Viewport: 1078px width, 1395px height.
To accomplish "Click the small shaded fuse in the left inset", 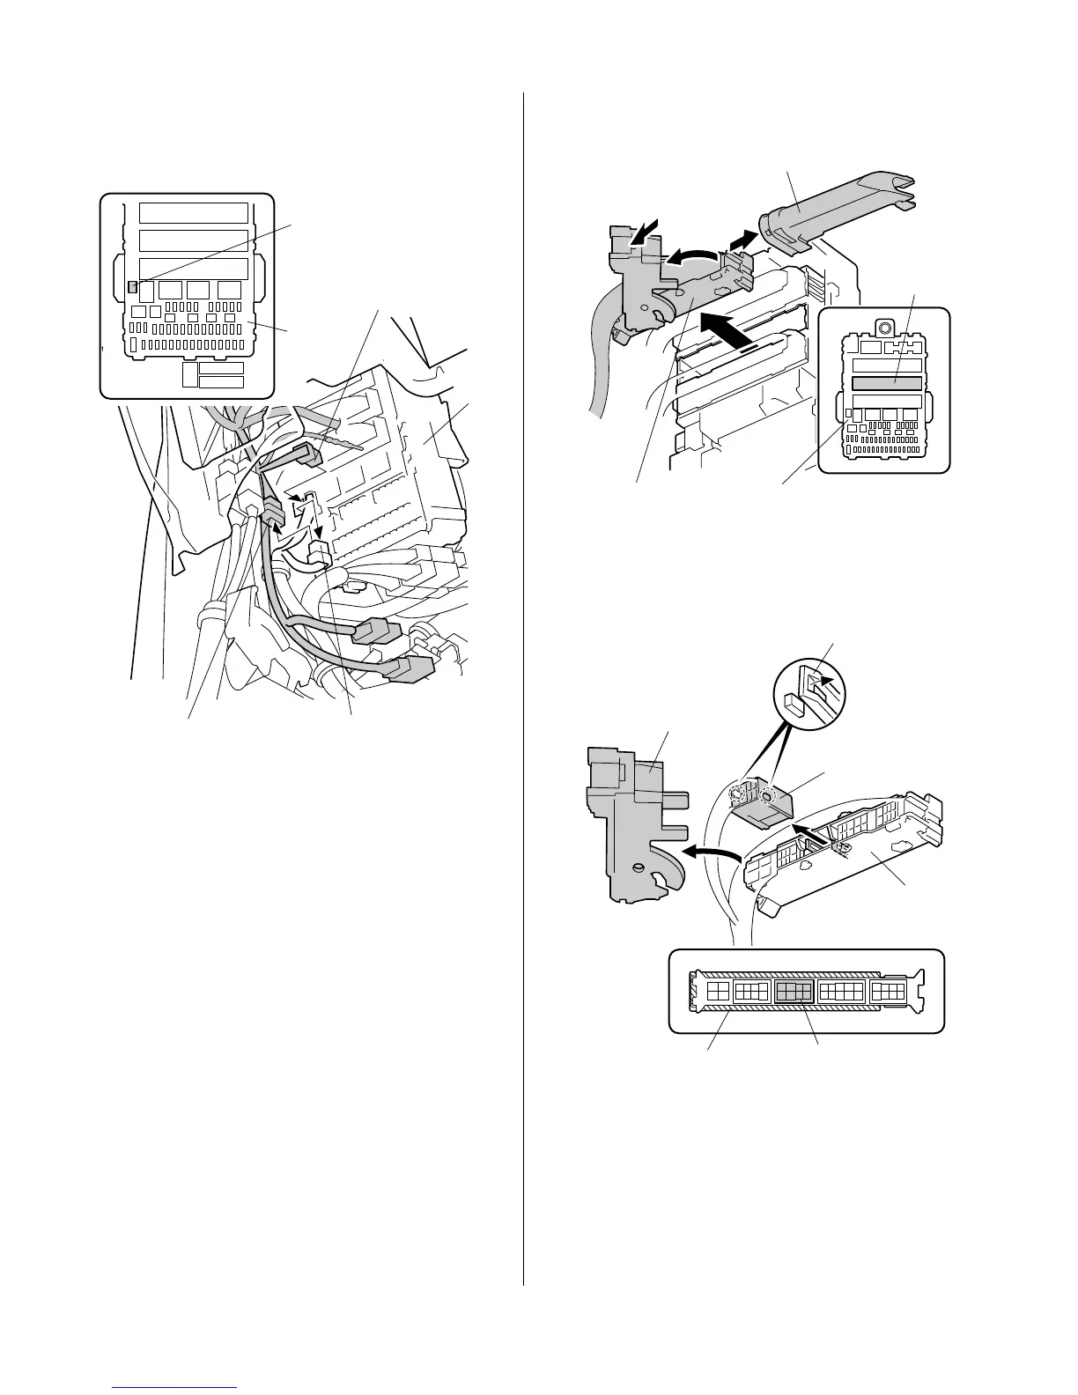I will tap(133, 286).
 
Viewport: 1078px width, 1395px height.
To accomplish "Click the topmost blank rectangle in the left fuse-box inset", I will tap(194, 212).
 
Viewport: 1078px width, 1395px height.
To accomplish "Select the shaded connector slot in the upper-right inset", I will tap(886, 383).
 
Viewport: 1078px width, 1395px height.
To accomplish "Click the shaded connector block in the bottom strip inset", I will tap(794, 992).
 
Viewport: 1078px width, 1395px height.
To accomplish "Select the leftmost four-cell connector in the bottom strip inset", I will tap(718, 992).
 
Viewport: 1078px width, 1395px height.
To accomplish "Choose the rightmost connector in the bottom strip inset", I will tap(889, 992).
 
